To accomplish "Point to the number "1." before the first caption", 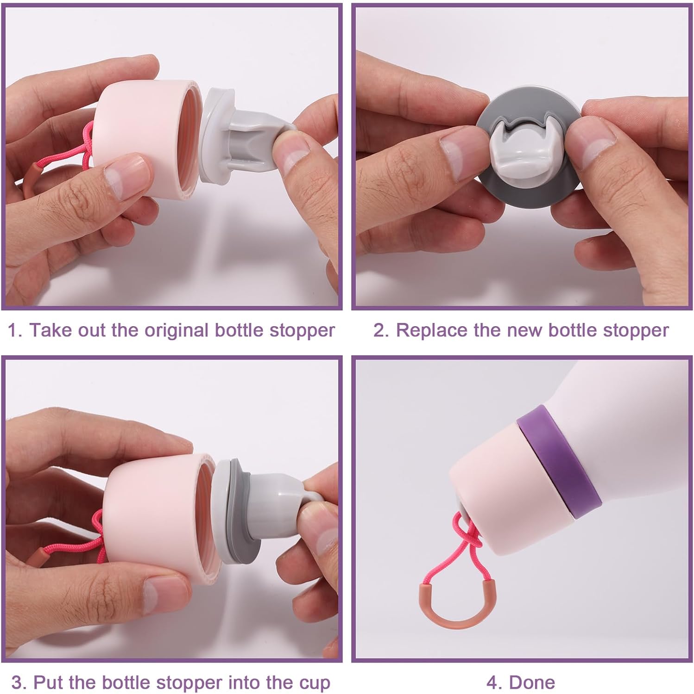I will pos(15,331).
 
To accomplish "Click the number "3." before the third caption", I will pos(19,683).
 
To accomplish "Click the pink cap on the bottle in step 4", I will pos(505,486).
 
